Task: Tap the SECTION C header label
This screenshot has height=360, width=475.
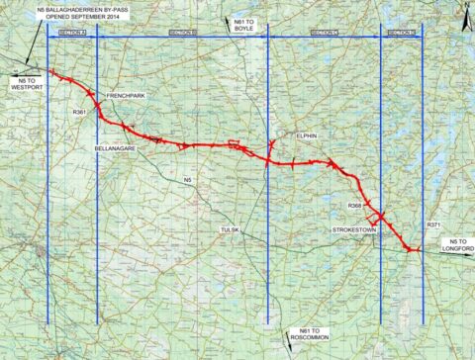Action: click(324, 33)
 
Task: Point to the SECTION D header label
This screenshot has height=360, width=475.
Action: click(401, 33)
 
